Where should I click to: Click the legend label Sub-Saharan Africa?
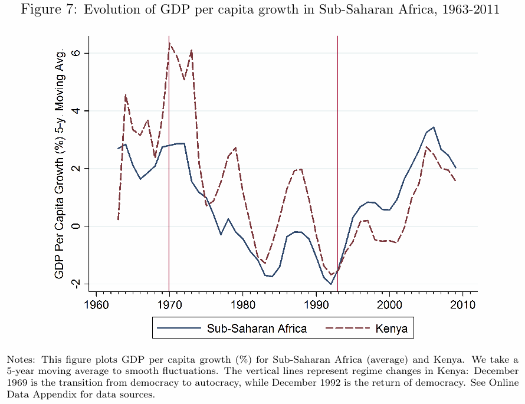pyautogui.click(x=257, y=329)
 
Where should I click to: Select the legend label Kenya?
pyautogui.click(x=391, y=329)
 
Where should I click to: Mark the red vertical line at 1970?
pyautogui.click(x=169, y=177)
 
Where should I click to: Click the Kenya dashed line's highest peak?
pyautogui.click(x=170, y=43)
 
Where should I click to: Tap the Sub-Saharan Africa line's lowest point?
pyautogui.click(x=332, y=284)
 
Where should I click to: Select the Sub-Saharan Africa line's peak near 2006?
pyautogui.click(x=434, y=127)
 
